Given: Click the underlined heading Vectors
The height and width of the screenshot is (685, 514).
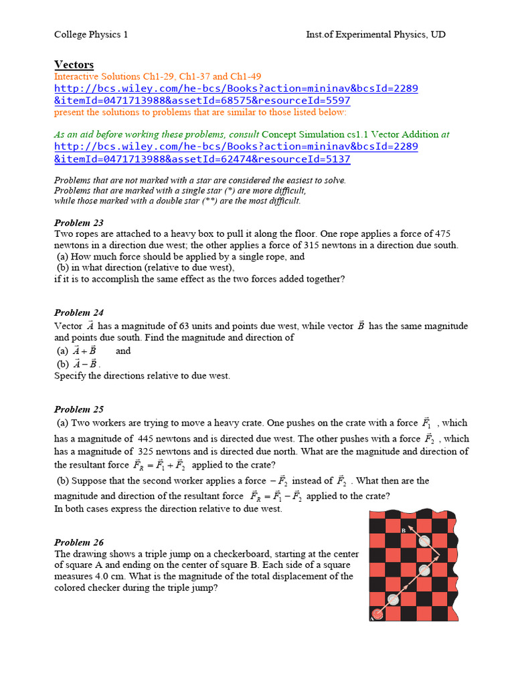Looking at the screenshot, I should (74, 65).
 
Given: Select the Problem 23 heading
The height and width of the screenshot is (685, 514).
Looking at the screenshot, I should (78, 223).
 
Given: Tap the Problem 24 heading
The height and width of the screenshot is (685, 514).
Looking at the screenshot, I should (78, 312).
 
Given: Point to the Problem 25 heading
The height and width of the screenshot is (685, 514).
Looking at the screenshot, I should (78, 409).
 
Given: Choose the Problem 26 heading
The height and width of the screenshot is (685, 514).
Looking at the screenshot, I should (78, 543).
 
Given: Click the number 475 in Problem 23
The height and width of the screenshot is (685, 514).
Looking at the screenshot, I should (442, 233).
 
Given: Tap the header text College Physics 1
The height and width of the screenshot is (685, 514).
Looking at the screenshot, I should (90, 34).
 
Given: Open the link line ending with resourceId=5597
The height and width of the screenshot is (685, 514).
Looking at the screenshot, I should (201, 100).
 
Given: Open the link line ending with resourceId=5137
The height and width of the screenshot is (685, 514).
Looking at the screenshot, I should (201, 159).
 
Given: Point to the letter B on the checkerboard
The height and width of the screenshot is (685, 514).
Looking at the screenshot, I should (404, 530).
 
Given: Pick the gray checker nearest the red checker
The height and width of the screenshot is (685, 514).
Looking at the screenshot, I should (394, 599).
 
